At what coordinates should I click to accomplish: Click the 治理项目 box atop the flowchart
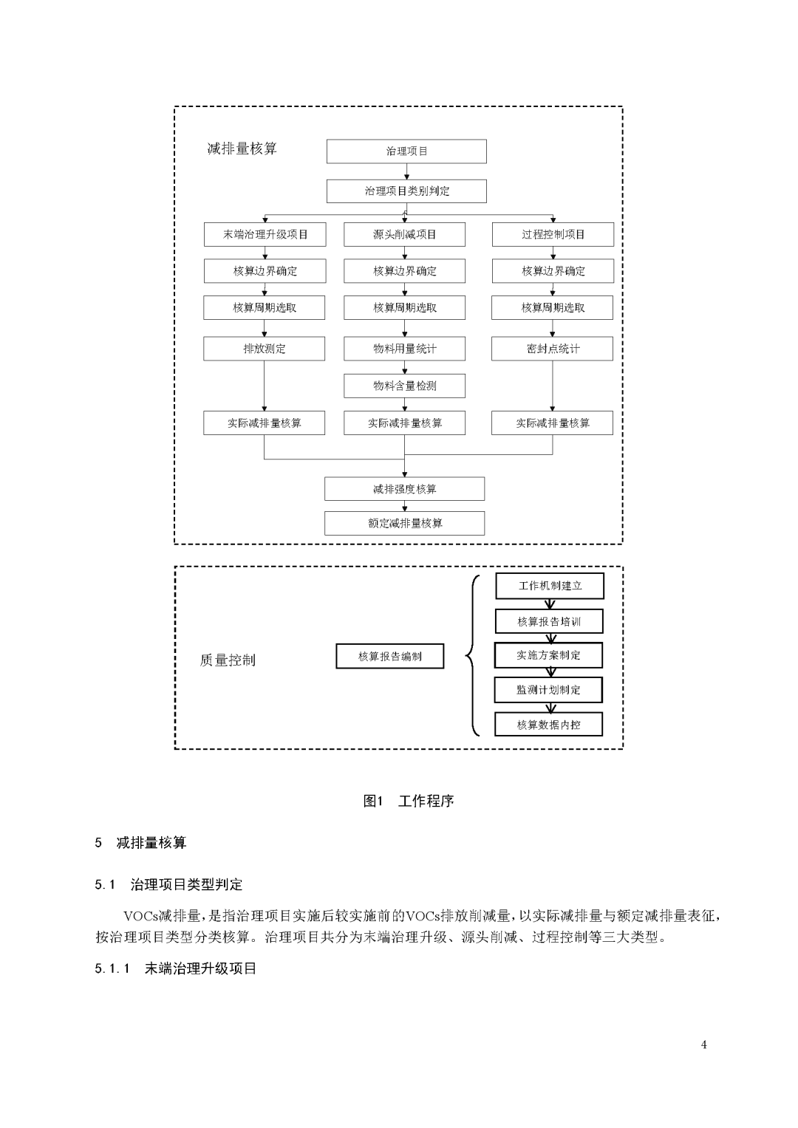[x=406, y=151]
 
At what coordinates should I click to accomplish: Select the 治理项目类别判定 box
[x=406, y=191]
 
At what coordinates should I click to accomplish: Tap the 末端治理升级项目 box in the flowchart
[x=265, y=235]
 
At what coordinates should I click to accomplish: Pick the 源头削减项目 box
[x=404, y=235]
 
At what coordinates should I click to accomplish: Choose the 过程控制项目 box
[x=553, y=235]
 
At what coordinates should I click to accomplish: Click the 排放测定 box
[x=264, y=349]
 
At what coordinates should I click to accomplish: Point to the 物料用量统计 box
[x=404, y=349]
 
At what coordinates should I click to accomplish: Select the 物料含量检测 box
[x=404, y=386]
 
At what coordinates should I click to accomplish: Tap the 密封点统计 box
[x=552, y=349]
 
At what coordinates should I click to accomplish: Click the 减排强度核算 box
[x=404, y=489]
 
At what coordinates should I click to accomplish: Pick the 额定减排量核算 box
[x=404, y=523]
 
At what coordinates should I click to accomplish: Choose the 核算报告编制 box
[x=390, y=657]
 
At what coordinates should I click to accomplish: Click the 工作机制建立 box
[x=550, y=586]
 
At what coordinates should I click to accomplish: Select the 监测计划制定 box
[x=548, y=690]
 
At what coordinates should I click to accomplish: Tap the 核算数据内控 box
[x=548, y=725]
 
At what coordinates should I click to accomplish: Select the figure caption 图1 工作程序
[x=408, y=801]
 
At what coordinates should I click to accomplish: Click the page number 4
[x=703, y=1045]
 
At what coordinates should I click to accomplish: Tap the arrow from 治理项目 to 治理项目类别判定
[x=406, y=171]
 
